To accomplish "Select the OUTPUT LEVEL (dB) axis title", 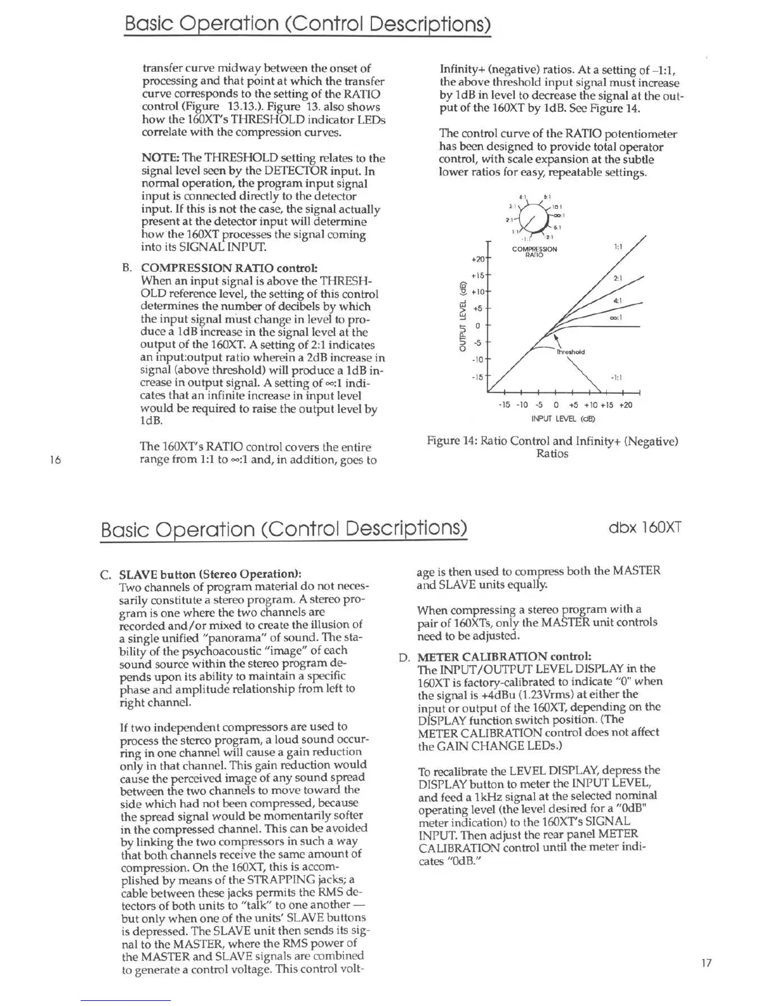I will coord(463,316).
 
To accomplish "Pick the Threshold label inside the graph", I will coord(570,351).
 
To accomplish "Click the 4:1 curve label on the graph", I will coord(616,300).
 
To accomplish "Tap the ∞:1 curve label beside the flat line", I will coord(614,318).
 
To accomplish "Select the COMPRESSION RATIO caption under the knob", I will coord(535,251).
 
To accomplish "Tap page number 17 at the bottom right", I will coord(707,963).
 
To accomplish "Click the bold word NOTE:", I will coord(160,158).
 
